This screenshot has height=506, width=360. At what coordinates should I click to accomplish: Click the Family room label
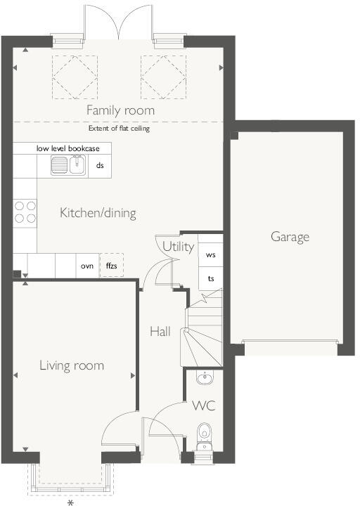click(x=120, y=110)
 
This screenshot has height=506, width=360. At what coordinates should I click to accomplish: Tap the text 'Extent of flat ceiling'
click(x=119, y=129)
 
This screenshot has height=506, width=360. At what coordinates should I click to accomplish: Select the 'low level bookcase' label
click(x=68, y=148)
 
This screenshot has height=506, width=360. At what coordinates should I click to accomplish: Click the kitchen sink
click(x=68, y=166)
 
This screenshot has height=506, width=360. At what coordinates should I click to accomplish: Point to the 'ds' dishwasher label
click(x=100, y=166)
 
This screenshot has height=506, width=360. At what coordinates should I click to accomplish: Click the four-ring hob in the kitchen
click(x=25, y=212)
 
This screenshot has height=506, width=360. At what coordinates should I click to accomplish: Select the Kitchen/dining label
click(x=98, y=213)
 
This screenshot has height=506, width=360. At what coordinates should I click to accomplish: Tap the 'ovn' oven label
click(x=86, y=266)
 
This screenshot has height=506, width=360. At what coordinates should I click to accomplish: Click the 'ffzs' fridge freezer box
click(x=111, y=266)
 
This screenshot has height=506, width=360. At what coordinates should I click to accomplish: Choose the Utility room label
click(x=178, y=247)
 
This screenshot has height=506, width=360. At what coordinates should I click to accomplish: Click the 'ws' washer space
click(x=210, y=255)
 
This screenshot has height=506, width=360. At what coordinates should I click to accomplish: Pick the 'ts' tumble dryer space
click(x=210, y=279)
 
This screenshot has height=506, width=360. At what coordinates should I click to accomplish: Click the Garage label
click(x=290, y=237)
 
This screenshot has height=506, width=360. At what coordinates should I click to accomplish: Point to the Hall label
click(x=160, y=331)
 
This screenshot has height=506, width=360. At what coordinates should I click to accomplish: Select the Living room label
click(x=71, y=365)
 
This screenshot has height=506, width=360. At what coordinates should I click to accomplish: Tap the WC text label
click(x=204, y=406)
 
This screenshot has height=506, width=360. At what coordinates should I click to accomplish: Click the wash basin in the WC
click(x=204, y=379)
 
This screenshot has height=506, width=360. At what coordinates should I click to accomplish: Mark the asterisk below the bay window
click(x=70, y=502)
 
